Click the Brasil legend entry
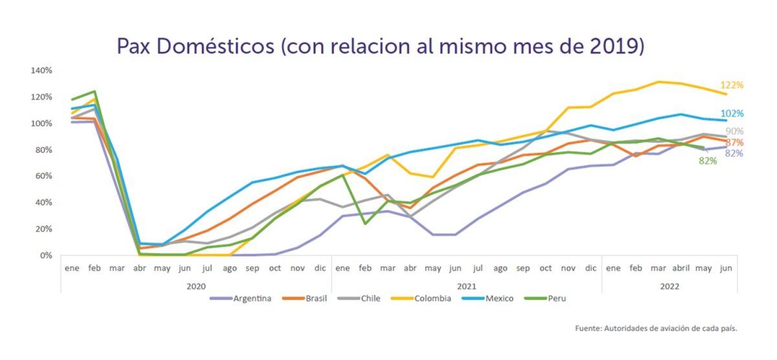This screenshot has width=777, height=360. (313, 298)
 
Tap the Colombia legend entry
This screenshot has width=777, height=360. (431, 298)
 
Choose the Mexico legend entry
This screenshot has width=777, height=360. (498, 298)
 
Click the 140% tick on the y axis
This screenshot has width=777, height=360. (41, 70)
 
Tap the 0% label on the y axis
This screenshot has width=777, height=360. (46, 255)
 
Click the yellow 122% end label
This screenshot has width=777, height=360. (732, 85)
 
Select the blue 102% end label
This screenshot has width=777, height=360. (732, 114)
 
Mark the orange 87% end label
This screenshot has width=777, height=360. (734, 142)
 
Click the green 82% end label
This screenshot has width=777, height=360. (708, 161)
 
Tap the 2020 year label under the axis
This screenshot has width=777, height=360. (196, 286)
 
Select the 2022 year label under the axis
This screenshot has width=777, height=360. (670, 286)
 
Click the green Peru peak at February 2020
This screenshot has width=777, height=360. (95, 91)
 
